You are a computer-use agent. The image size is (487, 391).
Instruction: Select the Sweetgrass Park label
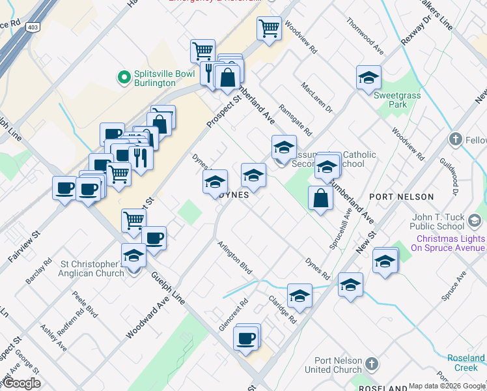tap(390, 99)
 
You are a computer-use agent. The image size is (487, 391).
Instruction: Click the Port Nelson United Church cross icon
tap(371, 363)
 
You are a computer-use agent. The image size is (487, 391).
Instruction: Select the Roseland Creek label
tap(466, 363)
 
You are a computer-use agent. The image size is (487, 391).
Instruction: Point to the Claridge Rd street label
tap(283, 310)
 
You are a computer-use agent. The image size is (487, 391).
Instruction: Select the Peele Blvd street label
tap(85, 304)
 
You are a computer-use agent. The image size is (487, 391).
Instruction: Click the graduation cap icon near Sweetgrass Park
tap(369, 78)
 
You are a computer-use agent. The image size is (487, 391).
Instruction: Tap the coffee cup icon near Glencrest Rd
tap(247, 338)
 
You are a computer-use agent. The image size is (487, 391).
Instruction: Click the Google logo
tap(21, 384)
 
